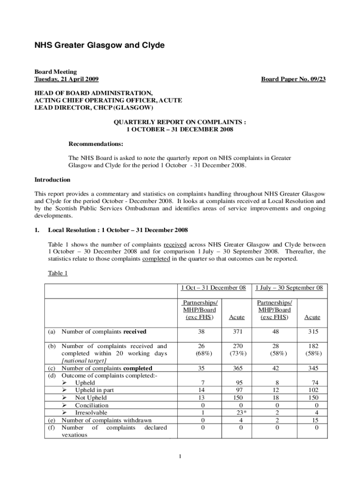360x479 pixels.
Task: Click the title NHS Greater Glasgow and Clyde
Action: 99,45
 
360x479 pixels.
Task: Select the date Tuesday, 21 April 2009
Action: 66,79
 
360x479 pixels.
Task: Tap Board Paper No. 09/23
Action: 293,79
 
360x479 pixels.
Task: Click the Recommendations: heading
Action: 96,144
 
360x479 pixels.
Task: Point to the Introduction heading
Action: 52,180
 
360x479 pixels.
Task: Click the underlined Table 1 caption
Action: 58,273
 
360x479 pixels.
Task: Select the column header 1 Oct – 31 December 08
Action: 213,288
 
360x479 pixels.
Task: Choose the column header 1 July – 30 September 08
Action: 288,288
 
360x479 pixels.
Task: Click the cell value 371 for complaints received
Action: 237,332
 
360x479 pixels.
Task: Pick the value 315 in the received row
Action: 312,332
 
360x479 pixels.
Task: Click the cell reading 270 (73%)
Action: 237,350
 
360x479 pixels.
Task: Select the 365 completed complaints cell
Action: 237,368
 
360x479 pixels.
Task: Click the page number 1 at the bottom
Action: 180,457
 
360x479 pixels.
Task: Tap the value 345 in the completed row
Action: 312,368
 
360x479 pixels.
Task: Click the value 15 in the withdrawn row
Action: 314,420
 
